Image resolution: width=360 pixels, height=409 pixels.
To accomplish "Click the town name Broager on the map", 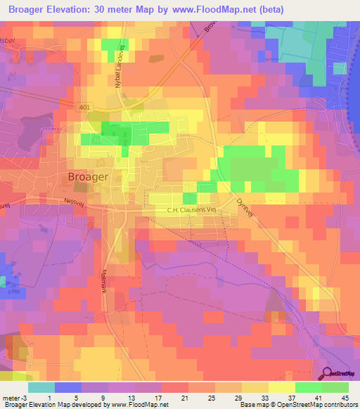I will coord(89,177).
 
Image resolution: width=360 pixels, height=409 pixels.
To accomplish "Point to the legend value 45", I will coord(345,398).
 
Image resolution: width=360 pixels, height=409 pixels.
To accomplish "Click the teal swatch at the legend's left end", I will coord(41,387).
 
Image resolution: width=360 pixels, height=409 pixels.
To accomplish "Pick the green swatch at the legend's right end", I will coord(335,387).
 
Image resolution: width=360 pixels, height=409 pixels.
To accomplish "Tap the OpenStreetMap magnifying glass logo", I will coord(326,373).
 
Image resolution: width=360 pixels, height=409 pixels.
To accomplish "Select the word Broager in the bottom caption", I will coord(16,405).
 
